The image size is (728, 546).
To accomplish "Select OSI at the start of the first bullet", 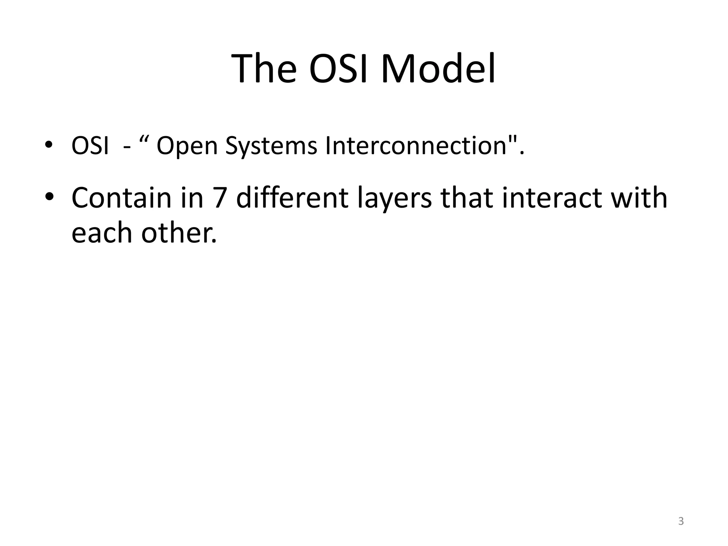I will [90, 146].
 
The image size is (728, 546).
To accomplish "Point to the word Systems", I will [271, 146].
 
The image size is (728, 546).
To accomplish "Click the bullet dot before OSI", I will [49, 145].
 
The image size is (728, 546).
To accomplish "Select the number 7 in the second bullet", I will [220, 198].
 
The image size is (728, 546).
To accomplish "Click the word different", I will [292, 198].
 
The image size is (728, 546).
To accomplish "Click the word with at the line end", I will [639, 198].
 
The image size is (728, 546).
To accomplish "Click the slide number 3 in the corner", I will [681, 521].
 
